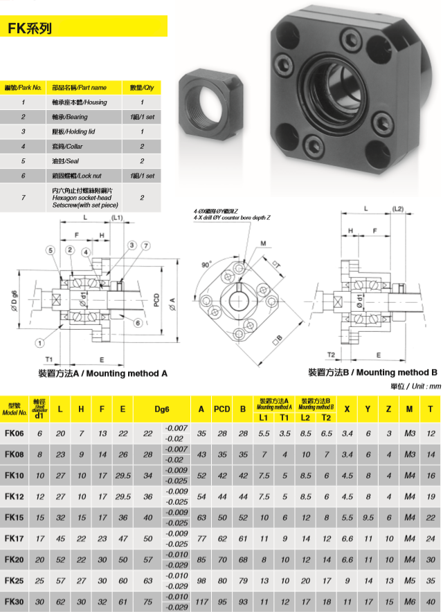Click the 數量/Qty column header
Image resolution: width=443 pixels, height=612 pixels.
pyautogui.click(x=141, y=88)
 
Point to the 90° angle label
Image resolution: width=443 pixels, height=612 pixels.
pyautogui.click(x=207, y=264)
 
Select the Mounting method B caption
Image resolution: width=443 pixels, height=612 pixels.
pyautogui.click(x=374, y=372)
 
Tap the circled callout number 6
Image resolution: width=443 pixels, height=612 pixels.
pyautogui.click(x=138, y=323)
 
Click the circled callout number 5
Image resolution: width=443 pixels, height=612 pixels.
pyautogui.click(x=51, y=250)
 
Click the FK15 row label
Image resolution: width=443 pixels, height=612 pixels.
pyautogui.click(x=15, y=518)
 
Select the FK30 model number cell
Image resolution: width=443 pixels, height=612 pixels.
pyautogui.click(x=15, y=602)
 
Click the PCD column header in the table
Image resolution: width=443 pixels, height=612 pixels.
pyautogui.click(x=221, y=409)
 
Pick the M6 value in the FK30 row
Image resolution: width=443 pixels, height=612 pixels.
pyautogui.click(x=409, y=602)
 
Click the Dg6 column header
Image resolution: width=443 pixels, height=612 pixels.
pyautogui.click(x=162, y=409)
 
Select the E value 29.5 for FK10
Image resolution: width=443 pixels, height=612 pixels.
pyautogui.click(x=123, y=476)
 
